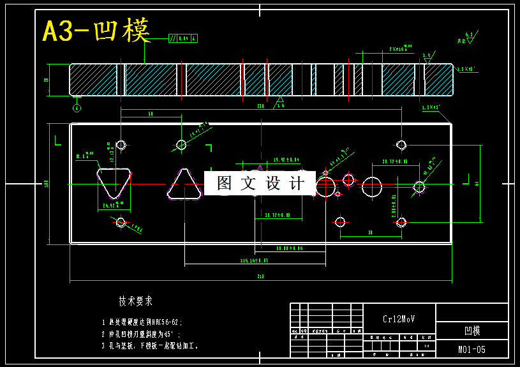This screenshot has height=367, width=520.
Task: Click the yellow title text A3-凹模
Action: point(96,31)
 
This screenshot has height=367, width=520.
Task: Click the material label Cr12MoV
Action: point(399,318)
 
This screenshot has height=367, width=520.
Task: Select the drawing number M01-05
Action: point(472,349)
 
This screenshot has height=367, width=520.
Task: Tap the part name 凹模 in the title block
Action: point(472,331)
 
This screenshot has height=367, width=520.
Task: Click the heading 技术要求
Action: point(135,301)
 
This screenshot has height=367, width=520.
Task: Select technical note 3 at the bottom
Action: point(151,346)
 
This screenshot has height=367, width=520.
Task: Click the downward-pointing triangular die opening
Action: point(114,183)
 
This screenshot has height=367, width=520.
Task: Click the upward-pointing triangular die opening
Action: point(184,185)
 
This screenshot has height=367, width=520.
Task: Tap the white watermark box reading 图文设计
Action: point(260,183)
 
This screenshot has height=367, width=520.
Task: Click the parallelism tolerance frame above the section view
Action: point(182,38)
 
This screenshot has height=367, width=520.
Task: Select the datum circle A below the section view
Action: point(77,108)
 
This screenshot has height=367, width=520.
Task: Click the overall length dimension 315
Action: point(260,276)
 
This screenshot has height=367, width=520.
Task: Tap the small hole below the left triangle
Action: point(121,222)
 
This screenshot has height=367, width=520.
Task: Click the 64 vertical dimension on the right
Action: point(477,183)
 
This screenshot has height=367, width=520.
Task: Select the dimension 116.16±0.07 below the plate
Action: point(254,260)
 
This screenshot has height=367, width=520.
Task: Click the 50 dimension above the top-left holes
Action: point(151,114)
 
